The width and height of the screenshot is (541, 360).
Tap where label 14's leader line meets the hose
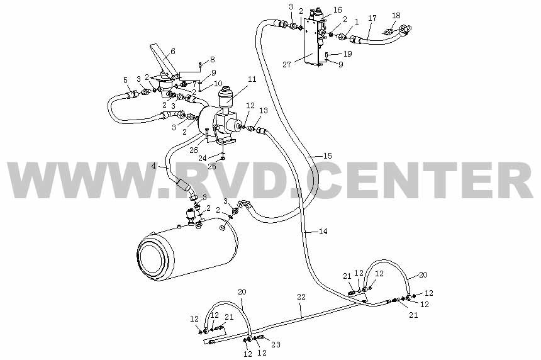pos(304,232)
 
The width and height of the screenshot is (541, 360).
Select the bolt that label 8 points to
pos(200,64)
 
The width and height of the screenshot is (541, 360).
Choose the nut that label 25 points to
pos(223,159)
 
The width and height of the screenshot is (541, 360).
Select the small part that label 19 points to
pos(326,54)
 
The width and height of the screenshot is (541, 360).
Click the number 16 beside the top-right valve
pos(337,10)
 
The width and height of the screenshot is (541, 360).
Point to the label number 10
pos(218,84)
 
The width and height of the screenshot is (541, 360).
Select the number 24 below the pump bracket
pos(203,159)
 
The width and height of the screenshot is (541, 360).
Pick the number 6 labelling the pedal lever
pos(173,51)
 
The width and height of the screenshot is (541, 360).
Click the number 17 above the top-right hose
pos(372,18)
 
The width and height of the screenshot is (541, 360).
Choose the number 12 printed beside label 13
pos(250,105)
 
